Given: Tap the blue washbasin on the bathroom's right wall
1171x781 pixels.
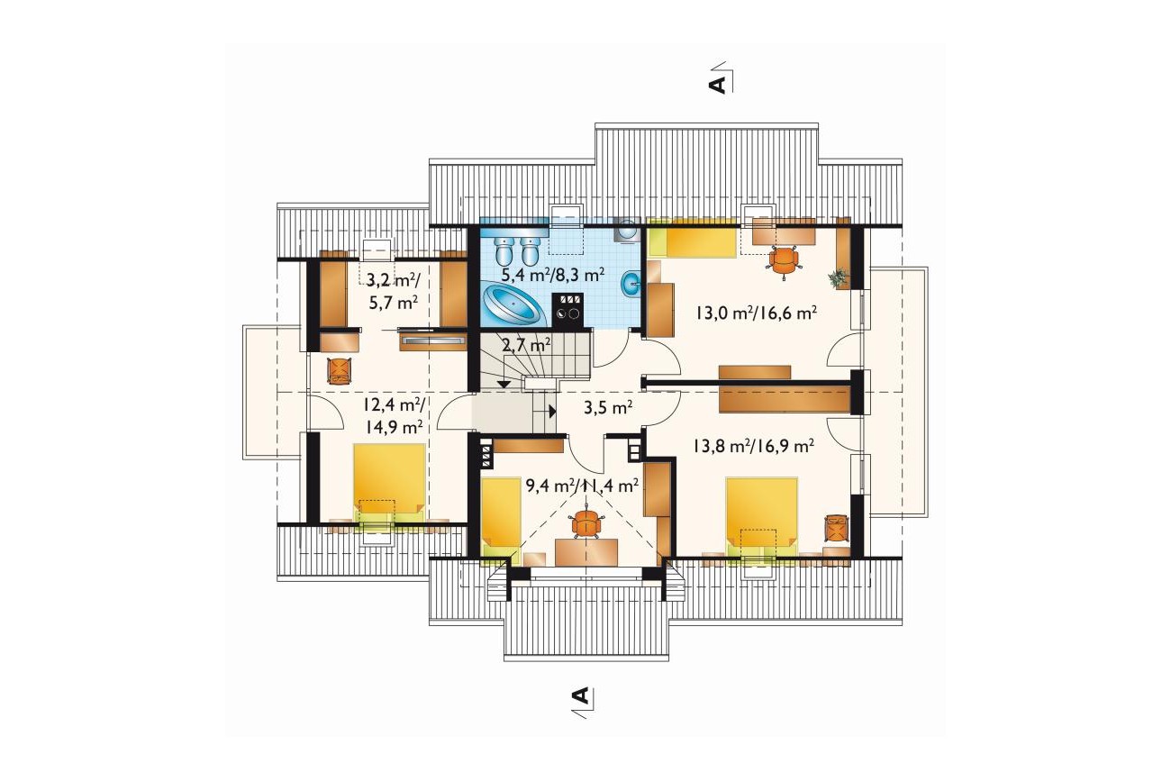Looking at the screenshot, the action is [x=631, y=285].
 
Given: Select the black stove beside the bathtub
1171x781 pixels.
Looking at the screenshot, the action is [x=568, y=310].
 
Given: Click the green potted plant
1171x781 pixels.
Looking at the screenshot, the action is [x=838, y=277].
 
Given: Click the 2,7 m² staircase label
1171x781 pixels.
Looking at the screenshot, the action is [x=526, y=346].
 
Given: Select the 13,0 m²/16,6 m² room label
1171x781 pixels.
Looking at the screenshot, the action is [x=756, y=313].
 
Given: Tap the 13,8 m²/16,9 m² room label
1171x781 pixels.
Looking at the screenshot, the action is [x=753, y=446].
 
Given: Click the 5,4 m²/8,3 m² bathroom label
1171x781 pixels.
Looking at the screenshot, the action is [x=553, y=274].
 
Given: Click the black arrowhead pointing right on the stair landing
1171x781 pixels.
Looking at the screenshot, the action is [x=552, y=411].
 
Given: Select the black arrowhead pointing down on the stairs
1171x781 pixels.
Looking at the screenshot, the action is [x=504, y=383].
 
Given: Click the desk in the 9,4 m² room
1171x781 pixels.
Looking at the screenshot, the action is [x=586, y=552].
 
